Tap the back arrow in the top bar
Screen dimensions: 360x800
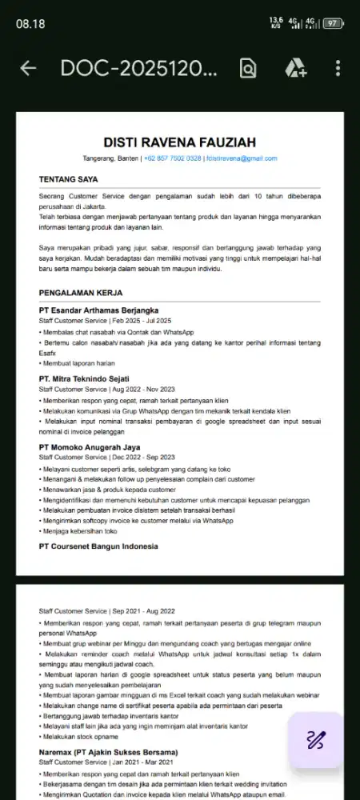[x=28, y=69]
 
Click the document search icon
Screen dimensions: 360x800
[x=249, y=69]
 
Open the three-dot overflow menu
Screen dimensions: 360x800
[x=338, y=69]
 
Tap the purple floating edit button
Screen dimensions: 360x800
[x=315, y=740]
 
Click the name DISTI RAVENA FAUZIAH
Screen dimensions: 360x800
[x=180, y=142]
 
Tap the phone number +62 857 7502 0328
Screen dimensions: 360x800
[x=173, y=159]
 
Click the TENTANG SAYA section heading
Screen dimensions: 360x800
[x=69, y=180]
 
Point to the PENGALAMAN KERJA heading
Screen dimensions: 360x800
[x=81, y=294]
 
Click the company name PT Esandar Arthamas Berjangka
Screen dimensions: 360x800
[x=98, y=310]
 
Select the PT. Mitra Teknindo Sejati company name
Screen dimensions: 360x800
[x=84, y=378]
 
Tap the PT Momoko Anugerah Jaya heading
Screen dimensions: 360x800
[x=90, y=447]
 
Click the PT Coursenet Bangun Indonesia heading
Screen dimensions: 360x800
[x=98, y=546]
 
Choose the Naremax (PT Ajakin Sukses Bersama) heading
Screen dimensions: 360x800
[x=109, y=753]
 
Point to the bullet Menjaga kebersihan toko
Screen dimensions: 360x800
[x=80, y=531]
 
